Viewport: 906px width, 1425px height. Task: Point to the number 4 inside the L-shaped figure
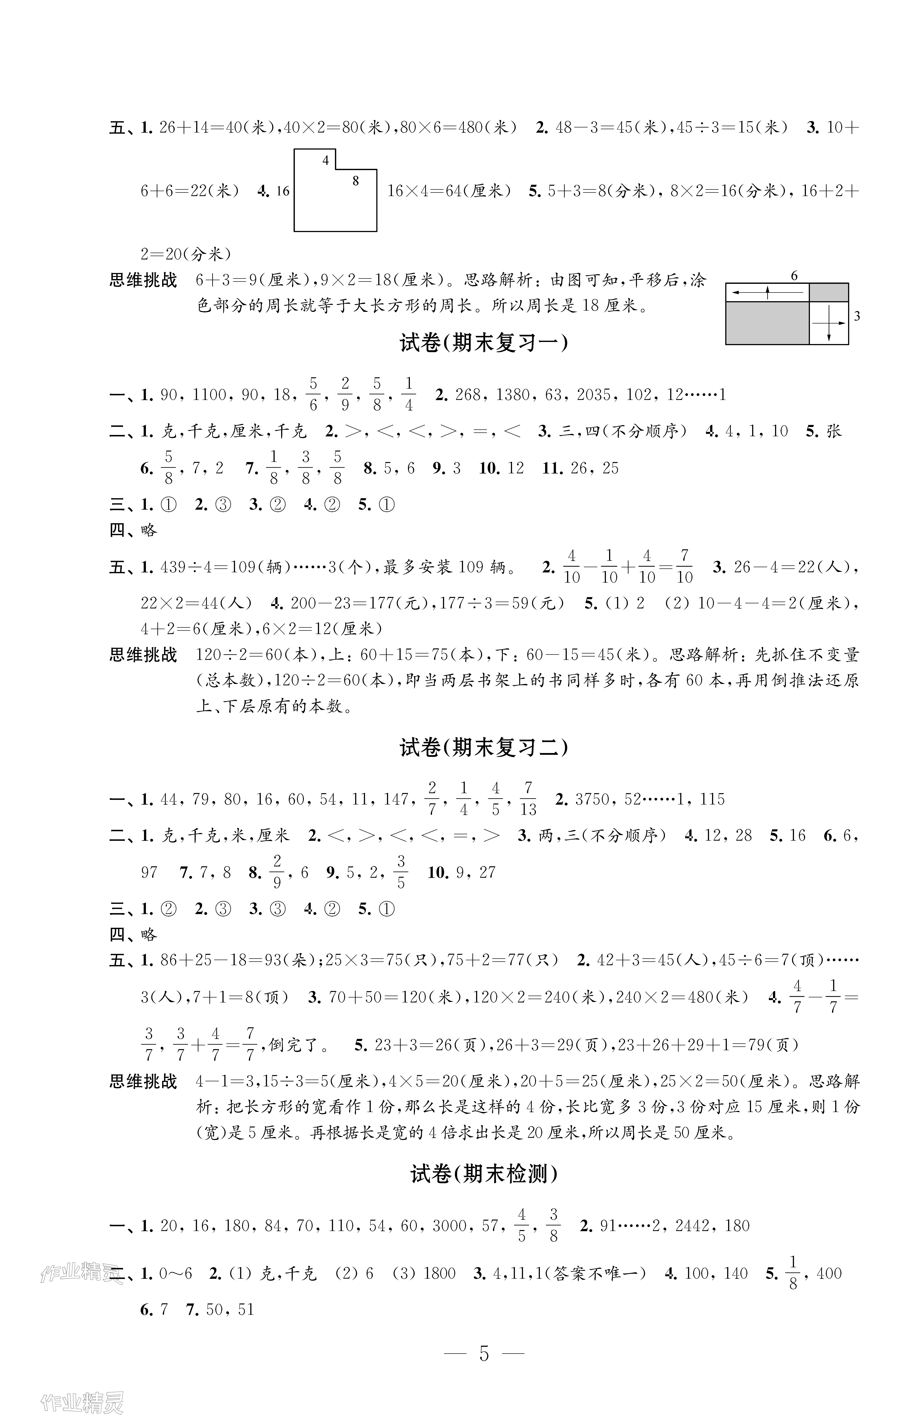pos(325,160)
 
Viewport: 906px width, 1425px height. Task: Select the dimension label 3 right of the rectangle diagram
pos(857,317)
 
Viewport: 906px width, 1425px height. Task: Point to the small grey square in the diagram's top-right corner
pos(828,292)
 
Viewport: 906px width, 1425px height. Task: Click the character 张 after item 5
pos(834,431)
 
